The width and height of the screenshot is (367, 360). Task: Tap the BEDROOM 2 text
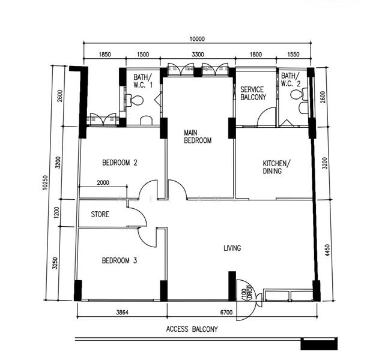[120, 162]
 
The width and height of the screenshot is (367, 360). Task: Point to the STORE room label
[100, 214]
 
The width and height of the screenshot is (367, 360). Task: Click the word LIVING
[232, 247]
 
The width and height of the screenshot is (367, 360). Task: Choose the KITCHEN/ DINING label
[276, 167]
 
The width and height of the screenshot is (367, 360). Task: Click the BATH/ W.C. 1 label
[143, 81]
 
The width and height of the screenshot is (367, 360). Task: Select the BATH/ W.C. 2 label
[290, 80]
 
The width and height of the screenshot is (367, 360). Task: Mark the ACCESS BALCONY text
[192, 329]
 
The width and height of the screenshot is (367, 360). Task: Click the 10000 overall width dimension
[197, 39]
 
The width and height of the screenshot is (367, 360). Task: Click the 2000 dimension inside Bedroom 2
[103, 183]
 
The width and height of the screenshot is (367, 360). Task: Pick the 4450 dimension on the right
[327, 249]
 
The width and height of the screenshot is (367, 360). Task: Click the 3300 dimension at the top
[197, 54]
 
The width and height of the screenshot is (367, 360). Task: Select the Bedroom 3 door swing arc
[145, 238]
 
